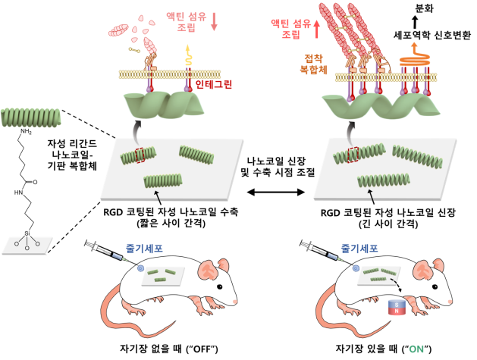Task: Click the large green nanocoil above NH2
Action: (27, 117)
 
